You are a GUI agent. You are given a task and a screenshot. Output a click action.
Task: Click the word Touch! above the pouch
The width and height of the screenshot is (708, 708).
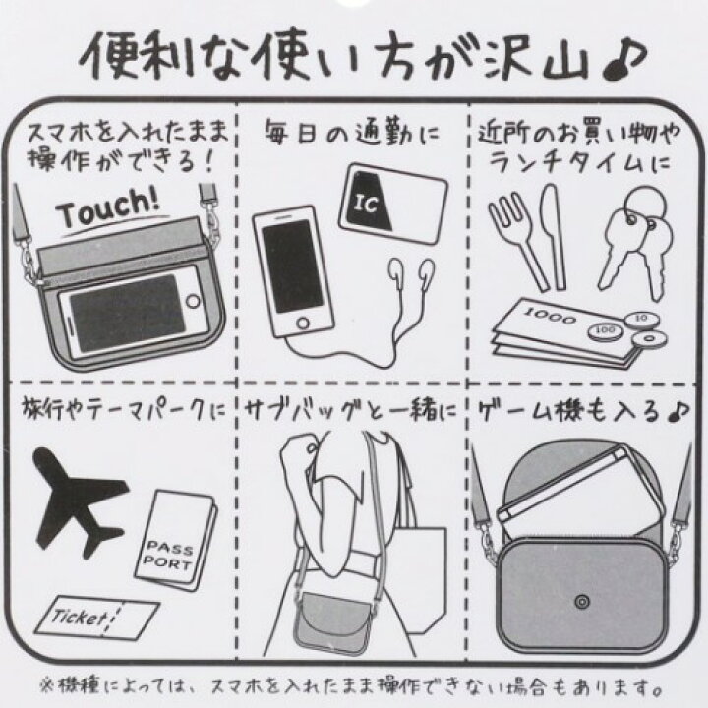tap(106, 209)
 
